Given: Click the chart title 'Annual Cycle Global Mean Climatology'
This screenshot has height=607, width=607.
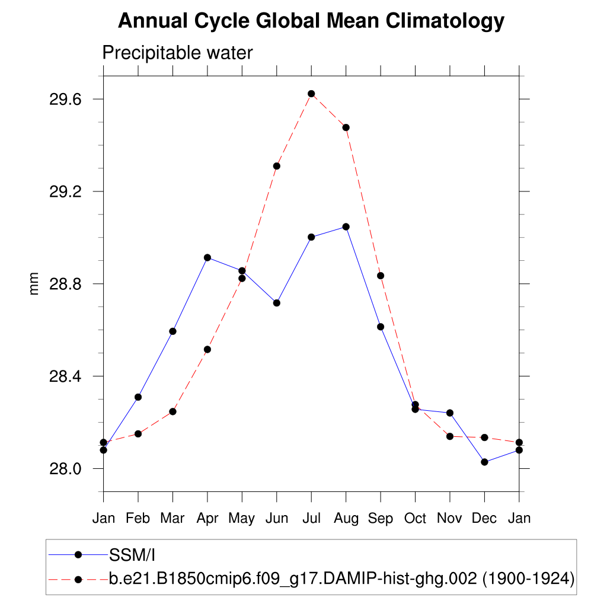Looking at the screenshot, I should pos(311,21).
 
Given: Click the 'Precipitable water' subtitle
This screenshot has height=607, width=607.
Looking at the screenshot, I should pos(177,53).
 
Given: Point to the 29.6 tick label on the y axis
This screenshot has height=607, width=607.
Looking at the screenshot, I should pos(66,99).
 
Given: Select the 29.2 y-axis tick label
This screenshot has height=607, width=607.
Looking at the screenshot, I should pos(66,191).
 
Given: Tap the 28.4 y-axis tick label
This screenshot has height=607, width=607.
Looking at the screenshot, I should pos(66,376).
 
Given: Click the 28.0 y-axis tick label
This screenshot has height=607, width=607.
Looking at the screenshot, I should pos(66,469).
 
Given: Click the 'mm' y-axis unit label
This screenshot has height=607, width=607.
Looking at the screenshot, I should pos(34,284).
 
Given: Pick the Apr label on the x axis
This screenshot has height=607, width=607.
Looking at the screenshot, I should pos(207,518).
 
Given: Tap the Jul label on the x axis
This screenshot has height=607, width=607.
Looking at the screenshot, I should pos(311,518).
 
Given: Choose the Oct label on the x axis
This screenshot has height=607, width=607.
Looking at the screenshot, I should pos(415,518).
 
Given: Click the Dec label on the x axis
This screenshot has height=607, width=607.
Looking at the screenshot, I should pos(484,518).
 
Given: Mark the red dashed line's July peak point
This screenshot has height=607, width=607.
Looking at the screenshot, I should pos(311,94).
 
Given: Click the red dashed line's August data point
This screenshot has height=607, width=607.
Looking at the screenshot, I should pos(346,127).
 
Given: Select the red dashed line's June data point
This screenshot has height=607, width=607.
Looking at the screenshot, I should pos(276,166).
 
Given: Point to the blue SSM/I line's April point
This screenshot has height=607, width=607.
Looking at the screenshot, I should pos(207,257).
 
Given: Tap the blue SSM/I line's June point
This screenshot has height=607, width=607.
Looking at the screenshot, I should pos(276,303).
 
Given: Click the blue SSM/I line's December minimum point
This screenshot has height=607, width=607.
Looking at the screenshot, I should pos(484,462).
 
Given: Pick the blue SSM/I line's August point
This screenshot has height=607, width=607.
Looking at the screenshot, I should pos(346,226).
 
